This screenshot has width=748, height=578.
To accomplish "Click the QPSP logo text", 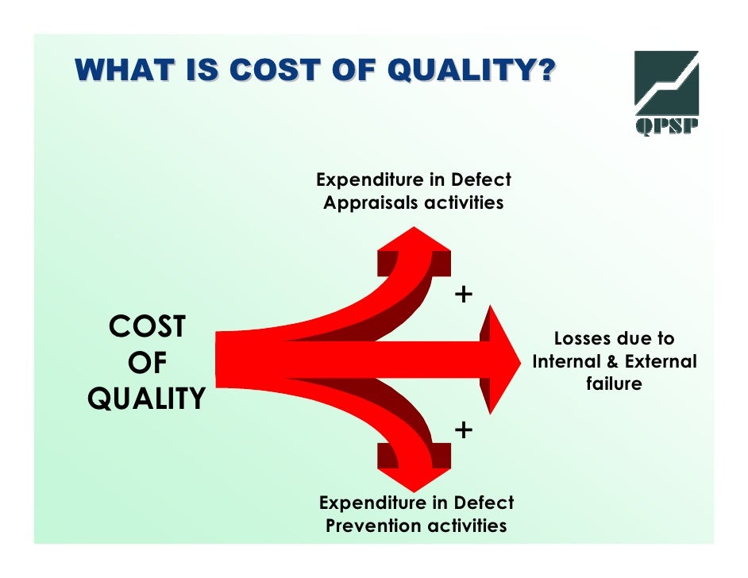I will click(666, 128).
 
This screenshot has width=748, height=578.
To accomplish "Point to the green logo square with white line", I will click(666, 83).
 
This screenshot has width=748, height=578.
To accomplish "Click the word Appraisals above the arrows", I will click(371, 202).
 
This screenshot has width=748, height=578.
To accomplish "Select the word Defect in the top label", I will click(481, 179).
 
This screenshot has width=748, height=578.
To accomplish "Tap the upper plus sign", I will click(463, 295).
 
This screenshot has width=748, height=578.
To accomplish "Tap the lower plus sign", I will click(463, 430).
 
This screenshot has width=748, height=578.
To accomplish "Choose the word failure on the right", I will click(614, 383).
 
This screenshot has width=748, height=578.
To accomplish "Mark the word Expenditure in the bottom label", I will click(372, 503).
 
